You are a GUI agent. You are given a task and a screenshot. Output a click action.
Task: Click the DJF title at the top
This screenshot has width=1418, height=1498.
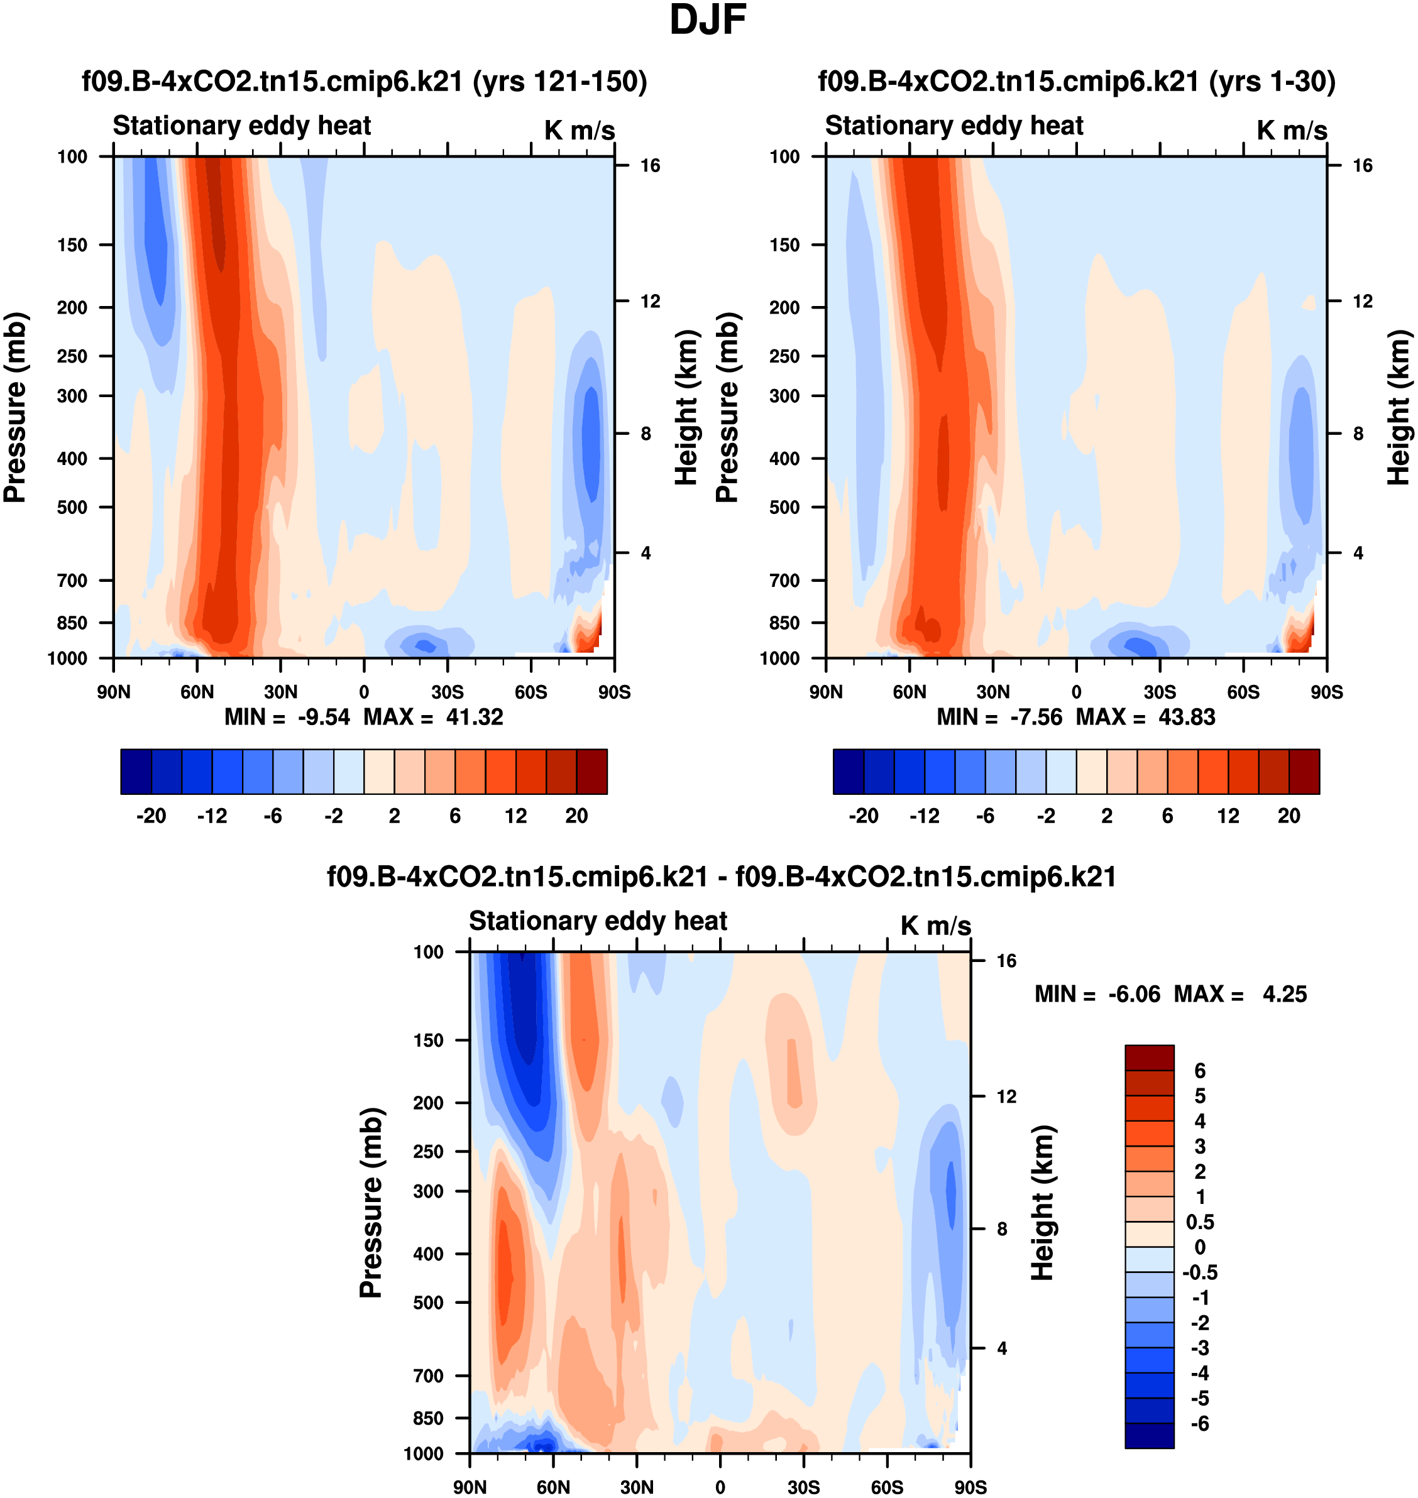[x=708, y=20]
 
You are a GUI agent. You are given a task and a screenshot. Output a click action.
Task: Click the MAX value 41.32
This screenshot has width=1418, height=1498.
[x=474, y=717]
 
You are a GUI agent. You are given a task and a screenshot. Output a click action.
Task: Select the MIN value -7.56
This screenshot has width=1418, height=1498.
[x=1036, y=717]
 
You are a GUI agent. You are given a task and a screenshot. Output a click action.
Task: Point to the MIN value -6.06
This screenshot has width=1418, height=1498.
[x=1134, y=994]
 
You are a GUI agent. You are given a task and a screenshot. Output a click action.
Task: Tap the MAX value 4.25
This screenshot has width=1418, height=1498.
[x=1284, y=994]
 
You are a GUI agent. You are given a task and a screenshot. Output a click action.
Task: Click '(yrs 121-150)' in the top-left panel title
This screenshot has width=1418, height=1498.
[x=559, y=82]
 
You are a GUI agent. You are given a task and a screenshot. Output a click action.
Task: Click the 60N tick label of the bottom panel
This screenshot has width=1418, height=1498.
[x=553, y=1487]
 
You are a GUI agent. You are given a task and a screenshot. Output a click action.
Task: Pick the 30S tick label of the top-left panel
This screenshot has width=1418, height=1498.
[x=448, y=692]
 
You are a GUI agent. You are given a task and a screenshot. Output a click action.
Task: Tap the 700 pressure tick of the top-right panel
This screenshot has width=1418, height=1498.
[x=784, y=581]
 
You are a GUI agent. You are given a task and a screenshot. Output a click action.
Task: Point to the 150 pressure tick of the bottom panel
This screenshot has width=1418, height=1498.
[x=428, y=1040]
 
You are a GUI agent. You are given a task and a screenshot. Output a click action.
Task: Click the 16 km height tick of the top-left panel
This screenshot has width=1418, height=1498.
[x=650, y=165]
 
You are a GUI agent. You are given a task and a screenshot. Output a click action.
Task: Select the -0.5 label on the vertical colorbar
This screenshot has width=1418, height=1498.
[x=1199, y=1273]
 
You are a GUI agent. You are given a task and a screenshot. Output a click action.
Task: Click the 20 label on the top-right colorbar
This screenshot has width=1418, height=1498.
[x=1289, y=816]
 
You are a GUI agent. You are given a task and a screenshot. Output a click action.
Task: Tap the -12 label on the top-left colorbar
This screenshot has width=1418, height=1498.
[x=212, y=816]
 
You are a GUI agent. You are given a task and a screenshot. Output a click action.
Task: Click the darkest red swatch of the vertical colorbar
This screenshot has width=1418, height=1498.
[x=1149, y=1058]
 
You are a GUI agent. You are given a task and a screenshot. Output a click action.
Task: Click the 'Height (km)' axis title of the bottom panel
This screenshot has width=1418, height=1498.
[x=1043, y=1201]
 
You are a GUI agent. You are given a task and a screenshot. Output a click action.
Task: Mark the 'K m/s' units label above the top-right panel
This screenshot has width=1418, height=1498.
[x=1292, y=131]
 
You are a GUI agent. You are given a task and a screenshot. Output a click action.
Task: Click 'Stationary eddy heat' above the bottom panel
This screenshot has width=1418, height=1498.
[x=598, y=921]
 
